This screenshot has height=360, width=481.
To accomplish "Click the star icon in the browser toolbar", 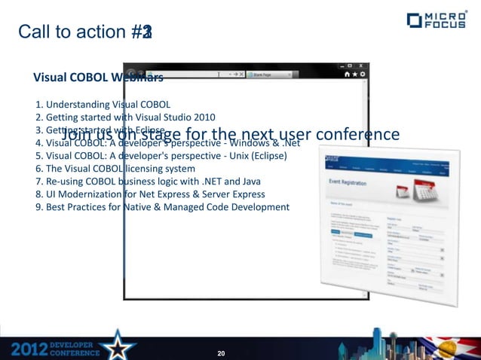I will tap(355, 75).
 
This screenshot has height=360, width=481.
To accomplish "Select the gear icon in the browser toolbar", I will tap(364, 75).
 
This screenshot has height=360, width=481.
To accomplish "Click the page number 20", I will tap(221, 352).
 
